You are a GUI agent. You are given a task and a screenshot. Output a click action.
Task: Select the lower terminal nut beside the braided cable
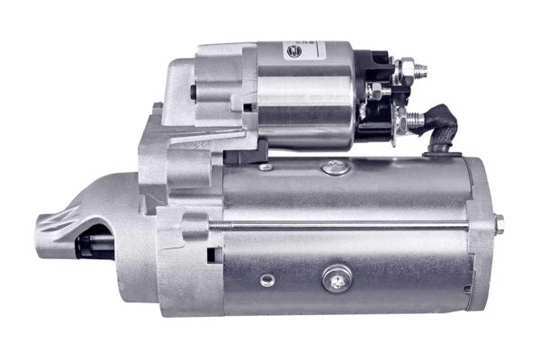(x=416, y=120)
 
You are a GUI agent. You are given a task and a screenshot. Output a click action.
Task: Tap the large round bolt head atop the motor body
(x=333, y=166)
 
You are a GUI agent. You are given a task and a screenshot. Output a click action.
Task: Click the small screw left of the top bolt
(x=265, y=166)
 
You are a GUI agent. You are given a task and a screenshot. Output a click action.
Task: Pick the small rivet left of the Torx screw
(x=266, y=279)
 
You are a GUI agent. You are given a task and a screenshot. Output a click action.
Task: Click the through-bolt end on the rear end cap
(x=499, y=224)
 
